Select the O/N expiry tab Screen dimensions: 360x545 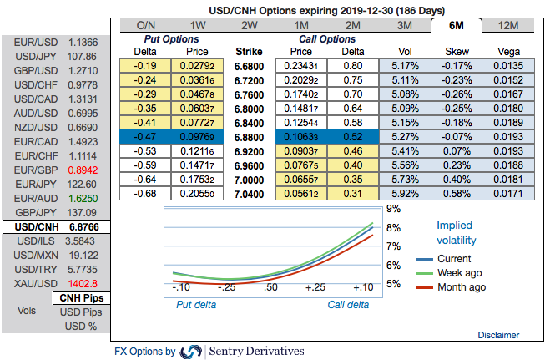click(x=146, y=25)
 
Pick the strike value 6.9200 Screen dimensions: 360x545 click(x=249, y=151)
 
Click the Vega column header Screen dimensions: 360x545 click(x=508, y=51)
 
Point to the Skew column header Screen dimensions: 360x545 click(x=457, y=51)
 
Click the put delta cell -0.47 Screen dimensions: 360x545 click(x=147, y=137)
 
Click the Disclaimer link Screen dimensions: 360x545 click(x=498, y=334)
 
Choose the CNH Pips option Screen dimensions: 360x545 click(x=81, y=298)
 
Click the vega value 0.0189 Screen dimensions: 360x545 click(x=508, y=123)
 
